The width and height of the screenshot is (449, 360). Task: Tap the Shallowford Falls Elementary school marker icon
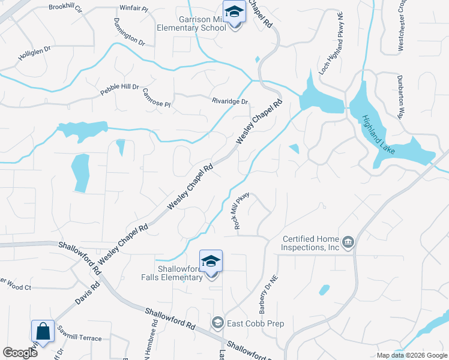[211, 261]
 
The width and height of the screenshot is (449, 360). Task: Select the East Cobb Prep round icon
[217, 323]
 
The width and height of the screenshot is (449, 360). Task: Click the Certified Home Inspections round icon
[348, 242]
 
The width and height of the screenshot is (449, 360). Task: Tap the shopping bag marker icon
[43, 331]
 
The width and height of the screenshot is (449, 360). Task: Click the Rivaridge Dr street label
[229, 101]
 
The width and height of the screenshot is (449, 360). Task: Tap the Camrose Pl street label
[157, 98]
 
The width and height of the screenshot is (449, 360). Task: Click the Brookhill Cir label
[65, 6]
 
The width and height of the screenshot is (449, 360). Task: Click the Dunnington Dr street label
[128, 32]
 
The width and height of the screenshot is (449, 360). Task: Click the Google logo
[20, 353]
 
